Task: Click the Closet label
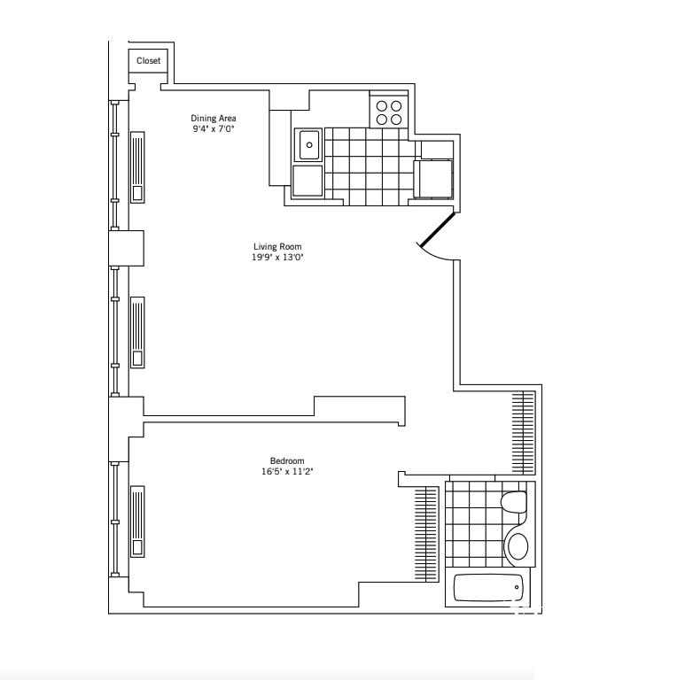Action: (148, 61)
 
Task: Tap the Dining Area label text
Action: (214, 118)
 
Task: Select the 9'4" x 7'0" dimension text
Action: (214, 128)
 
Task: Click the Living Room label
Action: (277, 246)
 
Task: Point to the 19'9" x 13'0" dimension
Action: (277, 257)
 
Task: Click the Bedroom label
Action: (287, 460)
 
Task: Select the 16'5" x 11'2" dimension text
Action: (287, 471)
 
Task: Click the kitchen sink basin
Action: (308, 145)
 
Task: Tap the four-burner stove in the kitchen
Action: (389, 112)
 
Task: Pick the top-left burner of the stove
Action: (381, 106)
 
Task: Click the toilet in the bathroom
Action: (514, 503)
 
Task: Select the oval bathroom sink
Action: (517, 546)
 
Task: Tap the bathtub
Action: (489, 588)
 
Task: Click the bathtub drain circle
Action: (517, 587)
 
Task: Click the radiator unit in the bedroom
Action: (137, 522)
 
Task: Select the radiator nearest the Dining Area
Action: (137, 167)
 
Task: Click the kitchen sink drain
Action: (309, 145)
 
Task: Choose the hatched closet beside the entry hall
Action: (524, 433)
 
